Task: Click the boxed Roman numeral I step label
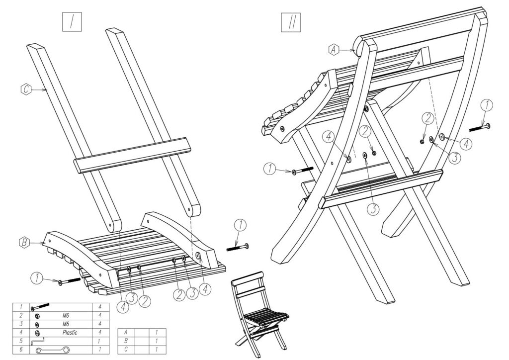[x=72, y=22]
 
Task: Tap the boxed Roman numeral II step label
[x=289, y=22]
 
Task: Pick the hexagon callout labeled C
[x=26, y=90]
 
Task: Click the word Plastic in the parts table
[x=70, y=333]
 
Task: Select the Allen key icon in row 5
[x=38, y=342]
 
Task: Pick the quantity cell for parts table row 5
[x=101, y=342]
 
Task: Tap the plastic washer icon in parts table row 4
[x=37, y=333]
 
